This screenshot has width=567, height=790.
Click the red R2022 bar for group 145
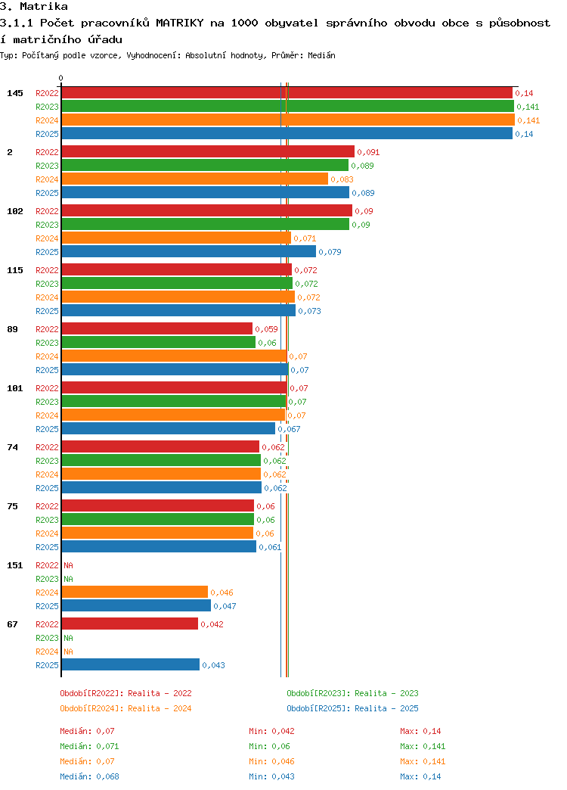point(287,93)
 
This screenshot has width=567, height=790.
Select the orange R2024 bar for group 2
point(195,179)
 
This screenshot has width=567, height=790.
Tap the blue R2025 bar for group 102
point(189,251)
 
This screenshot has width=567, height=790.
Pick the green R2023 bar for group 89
point(159,342)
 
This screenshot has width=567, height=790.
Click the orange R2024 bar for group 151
point(135,592)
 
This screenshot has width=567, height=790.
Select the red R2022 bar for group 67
point(130,624)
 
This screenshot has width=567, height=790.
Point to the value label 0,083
point(342,179)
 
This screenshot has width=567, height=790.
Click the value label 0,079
point(330,252)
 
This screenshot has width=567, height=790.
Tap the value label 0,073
point(310,311)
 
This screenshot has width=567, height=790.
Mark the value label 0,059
point(266,329)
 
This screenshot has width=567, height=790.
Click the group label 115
point(15,270)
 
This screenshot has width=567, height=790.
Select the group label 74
point(13,447)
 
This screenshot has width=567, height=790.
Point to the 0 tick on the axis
point(61,78)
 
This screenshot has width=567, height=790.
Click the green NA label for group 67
point(69,638)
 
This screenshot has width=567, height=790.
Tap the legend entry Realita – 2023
point(386,693)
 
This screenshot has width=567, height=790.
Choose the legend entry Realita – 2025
point(386,708)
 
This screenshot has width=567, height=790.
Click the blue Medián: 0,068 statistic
point(90,776)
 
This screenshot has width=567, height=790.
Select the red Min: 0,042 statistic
point(271,731)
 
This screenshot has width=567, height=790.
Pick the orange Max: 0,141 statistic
point(423,761)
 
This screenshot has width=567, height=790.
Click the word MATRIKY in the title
point(180,23)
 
